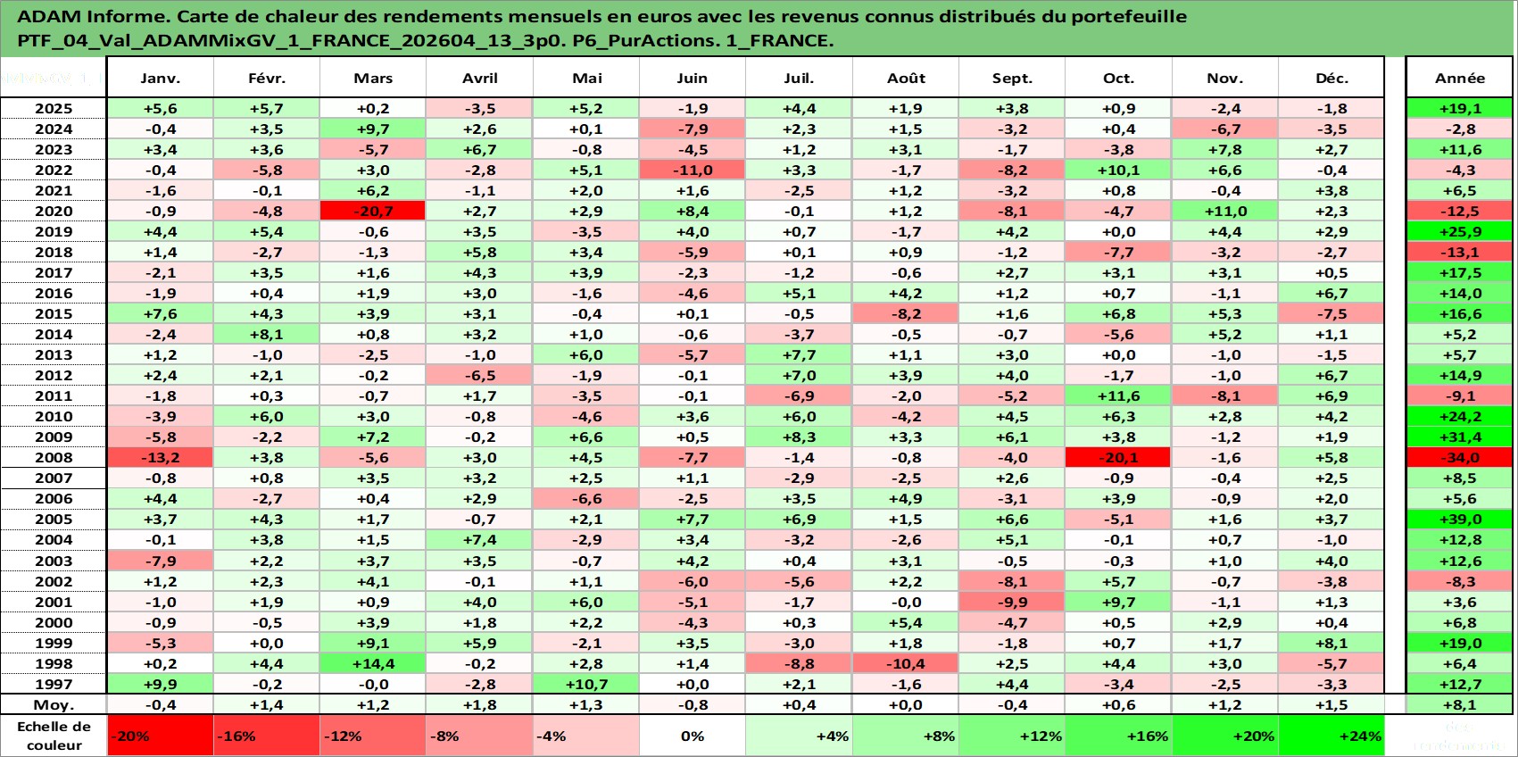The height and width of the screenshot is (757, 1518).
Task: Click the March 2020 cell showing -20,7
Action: coord(373,212)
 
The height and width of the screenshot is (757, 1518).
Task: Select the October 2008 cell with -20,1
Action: coord(1118,457)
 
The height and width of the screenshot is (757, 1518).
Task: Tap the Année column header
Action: coord(1460,78)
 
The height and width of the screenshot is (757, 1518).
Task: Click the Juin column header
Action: coord(692,78)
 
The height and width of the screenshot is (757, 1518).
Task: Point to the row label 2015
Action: coord(54,313)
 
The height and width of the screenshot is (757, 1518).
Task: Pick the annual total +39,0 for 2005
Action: coord(1460,520)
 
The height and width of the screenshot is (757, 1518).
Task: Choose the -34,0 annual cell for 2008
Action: coord(1460,457)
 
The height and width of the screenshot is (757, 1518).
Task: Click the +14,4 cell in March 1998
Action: coord(373,663)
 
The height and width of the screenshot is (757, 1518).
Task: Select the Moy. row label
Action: coord(54,705)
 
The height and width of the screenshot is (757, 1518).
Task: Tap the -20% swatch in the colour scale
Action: coord(160,736)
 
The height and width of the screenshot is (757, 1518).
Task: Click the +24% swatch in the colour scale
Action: coord(1331,736)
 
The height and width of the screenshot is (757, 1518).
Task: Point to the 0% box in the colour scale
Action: coord(692,736)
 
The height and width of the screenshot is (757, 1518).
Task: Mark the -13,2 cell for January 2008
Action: coord(160,457)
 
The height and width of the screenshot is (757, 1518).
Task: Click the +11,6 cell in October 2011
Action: coord(1118,395)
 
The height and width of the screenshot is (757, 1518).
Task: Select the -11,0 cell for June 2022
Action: coord(692,171)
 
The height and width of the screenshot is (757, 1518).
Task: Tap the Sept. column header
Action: coord(1012,78)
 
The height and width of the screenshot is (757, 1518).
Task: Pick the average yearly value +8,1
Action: coord(1460,705)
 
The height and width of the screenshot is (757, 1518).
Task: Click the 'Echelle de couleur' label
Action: coord(54,736)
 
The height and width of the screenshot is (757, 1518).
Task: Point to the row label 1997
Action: coord(54,685)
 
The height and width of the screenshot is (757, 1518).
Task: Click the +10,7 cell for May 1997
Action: coord(586,685)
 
